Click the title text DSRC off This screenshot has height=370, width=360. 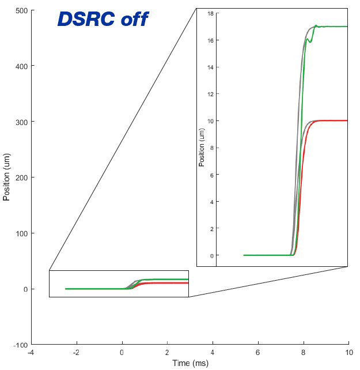click(x=103, y=20)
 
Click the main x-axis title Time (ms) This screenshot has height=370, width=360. click(x=191, y=363)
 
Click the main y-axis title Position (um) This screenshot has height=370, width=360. click(x=7, y=178)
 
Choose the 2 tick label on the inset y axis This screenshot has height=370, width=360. click(x=212, y=228)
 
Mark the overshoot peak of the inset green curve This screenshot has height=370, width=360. click(x=316, y=25)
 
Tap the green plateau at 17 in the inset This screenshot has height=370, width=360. click(x=337, y=27)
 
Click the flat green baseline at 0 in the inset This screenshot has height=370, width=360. click(x=265, y=255)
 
